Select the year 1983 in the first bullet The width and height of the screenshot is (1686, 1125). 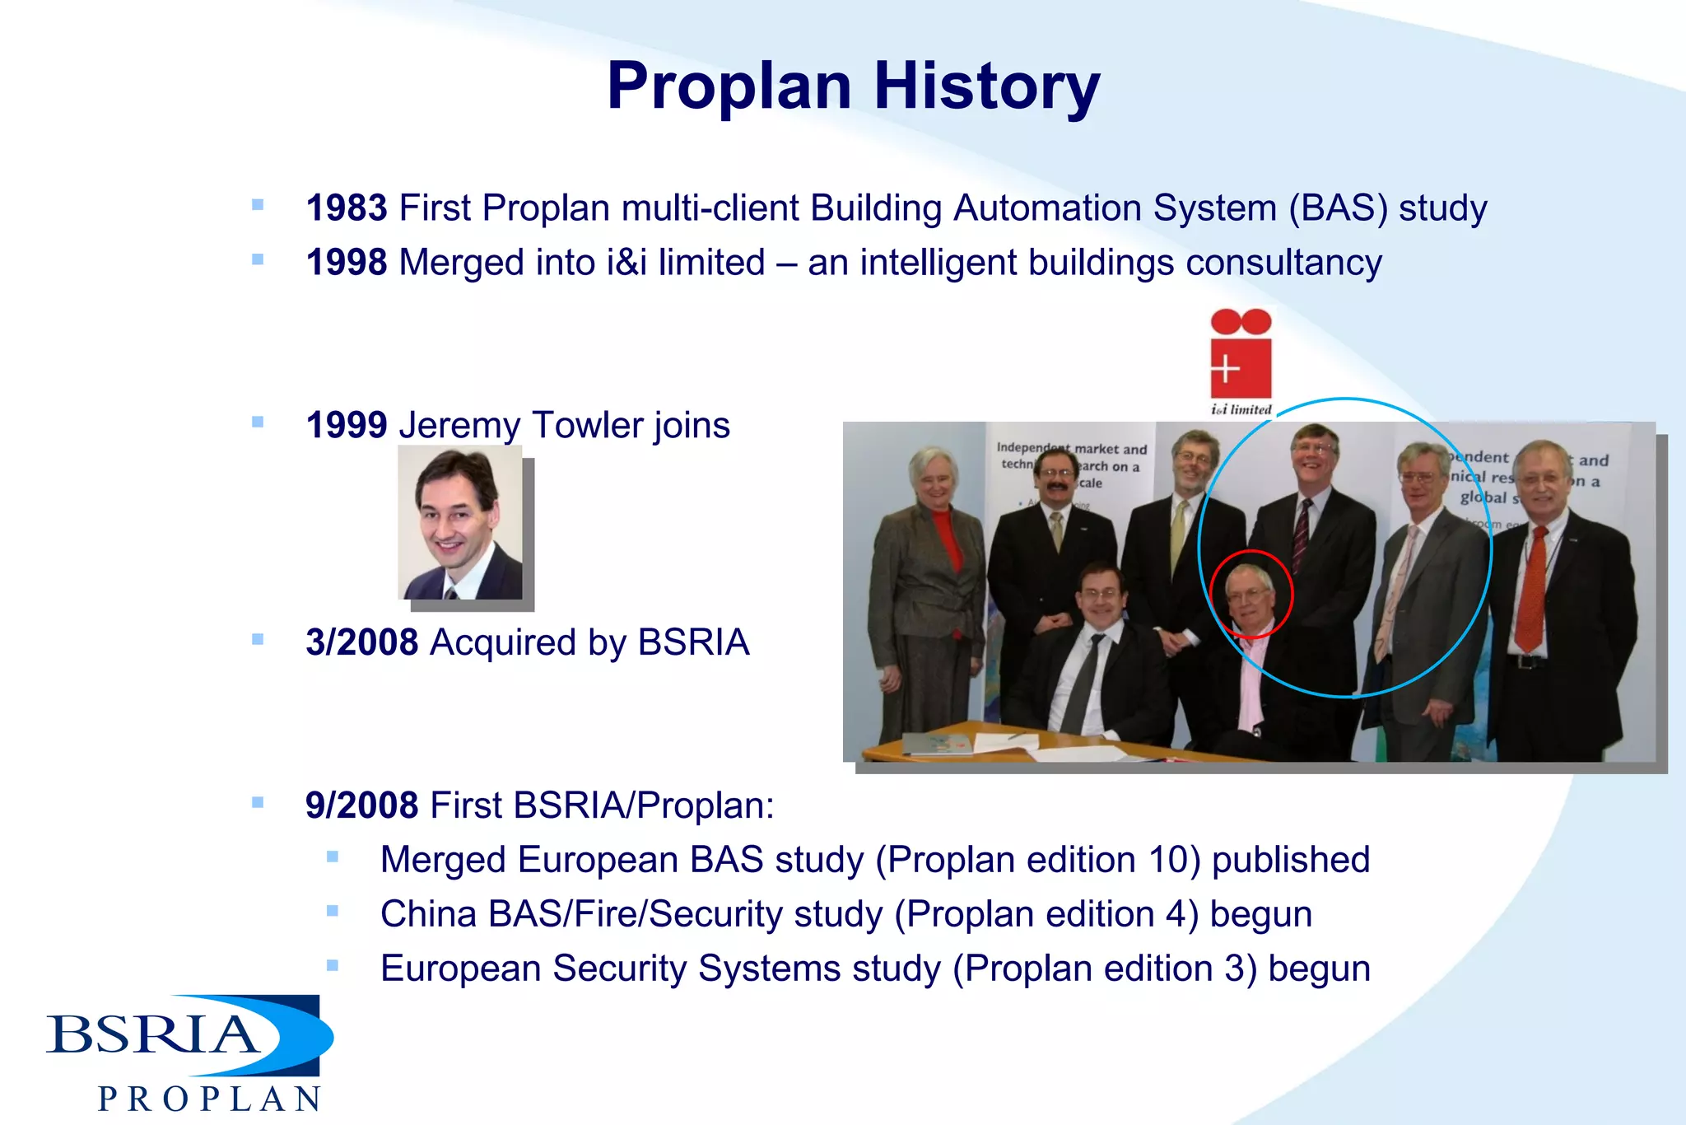pos(346,208)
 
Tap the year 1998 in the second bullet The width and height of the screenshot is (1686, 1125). pos(346,263)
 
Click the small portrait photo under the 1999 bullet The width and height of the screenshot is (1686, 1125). pos(460,523)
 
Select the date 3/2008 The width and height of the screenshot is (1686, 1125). pos(361,642)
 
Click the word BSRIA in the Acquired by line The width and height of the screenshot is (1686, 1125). pos(693,642)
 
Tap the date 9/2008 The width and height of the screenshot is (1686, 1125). pos(361,805)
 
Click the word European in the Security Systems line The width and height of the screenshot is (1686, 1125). pos(460,969)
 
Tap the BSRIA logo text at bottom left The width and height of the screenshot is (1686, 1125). pos(152,1034)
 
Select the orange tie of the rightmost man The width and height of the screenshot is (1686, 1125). pos(1531,589)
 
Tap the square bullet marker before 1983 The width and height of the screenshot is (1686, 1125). pos(258,205)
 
